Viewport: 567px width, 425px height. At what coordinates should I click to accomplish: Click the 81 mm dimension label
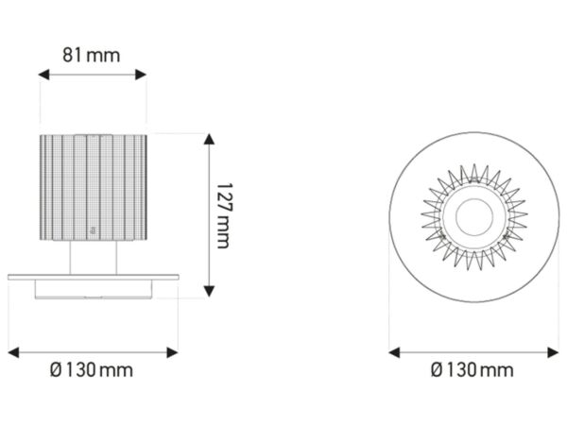[91, 56]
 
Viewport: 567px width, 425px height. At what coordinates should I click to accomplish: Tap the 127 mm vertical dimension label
[224, 215]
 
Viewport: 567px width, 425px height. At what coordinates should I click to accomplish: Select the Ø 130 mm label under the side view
[92, 370]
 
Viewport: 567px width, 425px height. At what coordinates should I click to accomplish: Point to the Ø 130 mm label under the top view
[472, 370]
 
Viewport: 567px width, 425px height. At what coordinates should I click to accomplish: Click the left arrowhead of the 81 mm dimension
[43, 75]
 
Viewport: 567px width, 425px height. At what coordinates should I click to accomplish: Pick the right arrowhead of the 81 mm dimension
[141, 75]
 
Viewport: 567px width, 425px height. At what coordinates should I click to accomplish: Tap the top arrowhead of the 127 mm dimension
[209, 139]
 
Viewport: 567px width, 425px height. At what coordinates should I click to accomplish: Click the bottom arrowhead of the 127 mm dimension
[209, 291]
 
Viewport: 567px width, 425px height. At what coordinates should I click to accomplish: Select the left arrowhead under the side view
[13, 352]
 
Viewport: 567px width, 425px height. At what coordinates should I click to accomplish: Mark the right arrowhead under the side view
[172, 352]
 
